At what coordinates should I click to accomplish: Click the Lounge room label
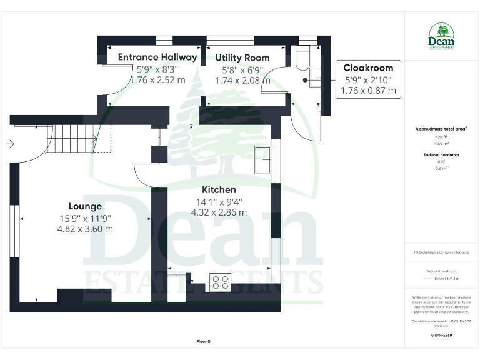click(x=85, y=206)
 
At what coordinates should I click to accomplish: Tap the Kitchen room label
click(x=219, y=189)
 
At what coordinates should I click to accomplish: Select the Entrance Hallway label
click(x=157, y=57)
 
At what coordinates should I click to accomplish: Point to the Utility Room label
click(x=242, y=57)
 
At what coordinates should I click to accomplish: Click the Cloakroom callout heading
click(x=368, y=68)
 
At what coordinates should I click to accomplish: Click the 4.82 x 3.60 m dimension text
click(x=85, y=229)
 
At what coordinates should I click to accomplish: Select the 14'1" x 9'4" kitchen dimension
click(x=219, y=201)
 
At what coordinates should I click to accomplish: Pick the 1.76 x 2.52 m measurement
click(x=157, y=80)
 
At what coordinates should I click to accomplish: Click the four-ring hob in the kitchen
click(x=220, y=282)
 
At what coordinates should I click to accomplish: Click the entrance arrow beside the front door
click(x=10, y=144)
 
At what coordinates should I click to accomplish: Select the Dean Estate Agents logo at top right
click(x=442, y=36)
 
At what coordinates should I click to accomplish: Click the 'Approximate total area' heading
click(x=441, y=129)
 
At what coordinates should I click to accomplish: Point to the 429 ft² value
click(x=441, y=136)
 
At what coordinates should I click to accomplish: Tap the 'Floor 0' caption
click(x=204, y=341)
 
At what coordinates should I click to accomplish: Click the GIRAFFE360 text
click(x=441, y=336)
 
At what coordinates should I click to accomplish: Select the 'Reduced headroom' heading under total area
click(x=441, y=154)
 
